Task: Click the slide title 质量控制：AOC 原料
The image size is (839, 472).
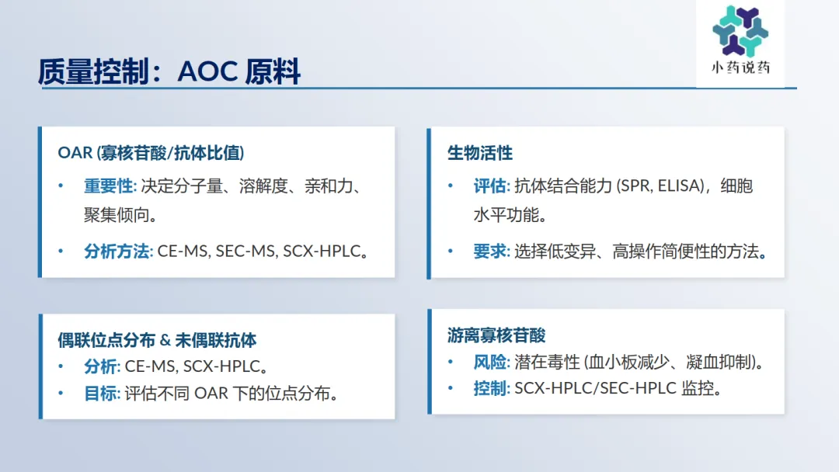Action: click(x=169, y=71)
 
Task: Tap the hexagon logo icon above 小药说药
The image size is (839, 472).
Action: click(x=740, y=31)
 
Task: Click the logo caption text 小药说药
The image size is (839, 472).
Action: click(x=740, y=68)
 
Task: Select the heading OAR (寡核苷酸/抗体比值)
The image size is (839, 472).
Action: click(x=151, y=153)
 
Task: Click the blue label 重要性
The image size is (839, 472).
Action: click(x=108, y=186)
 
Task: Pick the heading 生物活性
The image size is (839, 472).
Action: click(x=480, y=153)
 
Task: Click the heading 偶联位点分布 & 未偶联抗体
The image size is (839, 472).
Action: click(x=157, y=340)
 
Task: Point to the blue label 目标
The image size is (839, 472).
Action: click(x=100, y=394)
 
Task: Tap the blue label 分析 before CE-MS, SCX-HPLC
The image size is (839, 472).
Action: click(x=100, y=366)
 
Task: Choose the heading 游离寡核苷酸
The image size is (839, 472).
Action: click(x=496, y=335)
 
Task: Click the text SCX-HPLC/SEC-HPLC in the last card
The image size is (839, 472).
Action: click(x=596, y=389)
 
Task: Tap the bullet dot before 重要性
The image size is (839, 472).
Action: click(x=61, y=186)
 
